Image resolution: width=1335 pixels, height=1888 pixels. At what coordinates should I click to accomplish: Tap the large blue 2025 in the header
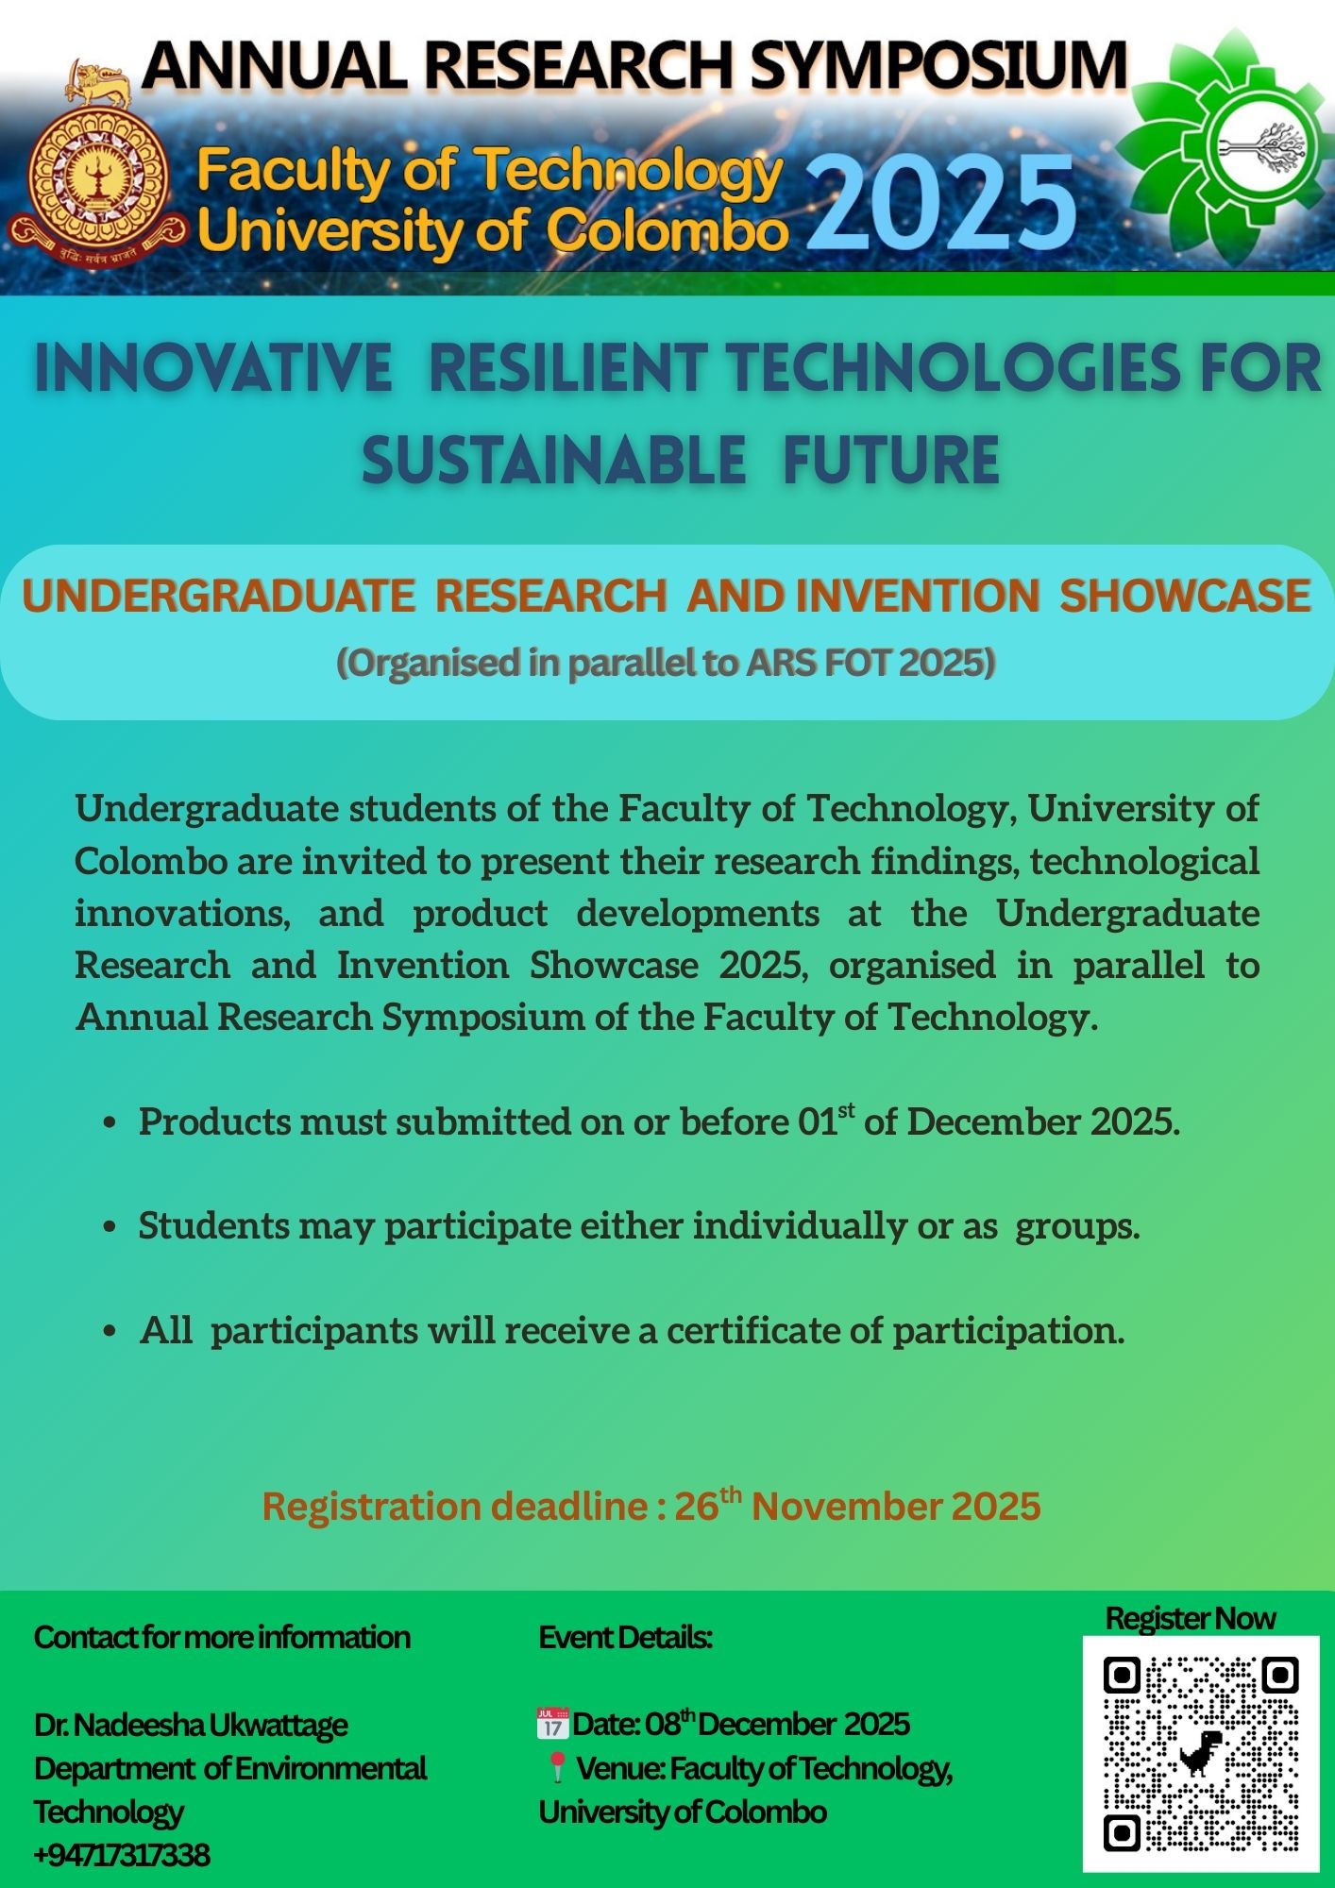coord(941,203)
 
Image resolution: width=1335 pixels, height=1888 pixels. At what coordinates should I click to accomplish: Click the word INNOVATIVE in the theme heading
coord(213,367)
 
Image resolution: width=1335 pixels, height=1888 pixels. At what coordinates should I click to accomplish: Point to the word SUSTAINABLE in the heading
coord(554,461)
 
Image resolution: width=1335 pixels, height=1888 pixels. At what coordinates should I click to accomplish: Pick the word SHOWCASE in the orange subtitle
coord(1185,596)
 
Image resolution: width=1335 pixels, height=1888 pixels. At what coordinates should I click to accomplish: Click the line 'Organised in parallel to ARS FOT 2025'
coord(667,663)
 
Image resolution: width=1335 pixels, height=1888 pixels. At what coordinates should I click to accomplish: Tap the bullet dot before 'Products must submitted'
coord(110,1123)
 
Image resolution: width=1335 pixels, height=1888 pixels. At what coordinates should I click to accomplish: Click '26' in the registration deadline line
coord(696,1507)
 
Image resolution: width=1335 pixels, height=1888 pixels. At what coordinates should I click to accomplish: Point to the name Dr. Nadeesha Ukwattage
coord(191,1725)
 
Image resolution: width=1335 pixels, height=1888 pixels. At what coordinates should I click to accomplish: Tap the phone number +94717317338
coord(122,1855)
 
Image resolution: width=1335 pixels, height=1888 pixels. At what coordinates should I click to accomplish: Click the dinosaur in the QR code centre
coord(1200,1753)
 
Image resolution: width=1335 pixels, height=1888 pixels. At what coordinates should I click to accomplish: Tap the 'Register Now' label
coord(1190,1618)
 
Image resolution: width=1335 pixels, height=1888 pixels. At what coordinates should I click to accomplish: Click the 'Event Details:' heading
coord(625,1637)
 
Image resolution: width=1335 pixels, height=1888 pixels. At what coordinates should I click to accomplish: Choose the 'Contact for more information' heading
coord(222,1637)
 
